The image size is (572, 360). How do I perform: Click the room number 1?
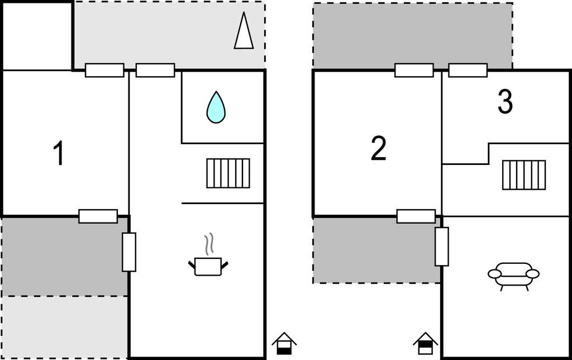point(58,154)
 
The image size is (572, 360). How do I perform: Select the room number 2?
point(378,149)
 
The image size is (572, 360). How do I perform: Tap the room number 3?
point(504,102)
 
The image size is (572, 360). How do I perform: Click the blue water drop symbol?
point(216,107)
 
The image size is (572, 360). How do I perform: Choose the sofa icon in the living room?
point(513,274)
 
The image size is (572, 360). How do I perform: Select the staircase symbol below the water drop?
point(228,173)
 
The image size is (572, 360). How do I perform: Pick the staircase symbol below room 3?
point(523,175)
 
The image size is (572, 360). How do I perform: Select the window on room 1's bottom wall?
point(98,216)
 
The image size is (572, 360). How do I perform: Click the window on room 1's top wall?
point(104,70)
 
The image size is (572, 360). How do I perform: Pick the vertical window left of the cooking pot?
point(129,252)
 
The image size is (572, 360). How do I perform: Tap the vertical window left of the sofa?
point(442,247)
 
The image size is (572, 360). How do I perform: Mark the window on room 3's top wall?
point(468,70)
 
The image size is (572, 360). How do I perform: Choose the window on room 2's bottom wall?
point(416,216)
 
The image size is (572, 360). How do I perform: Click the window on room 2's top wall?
point(414,70)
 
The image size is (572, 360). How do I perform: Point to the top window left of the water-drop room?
point(155,70)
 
